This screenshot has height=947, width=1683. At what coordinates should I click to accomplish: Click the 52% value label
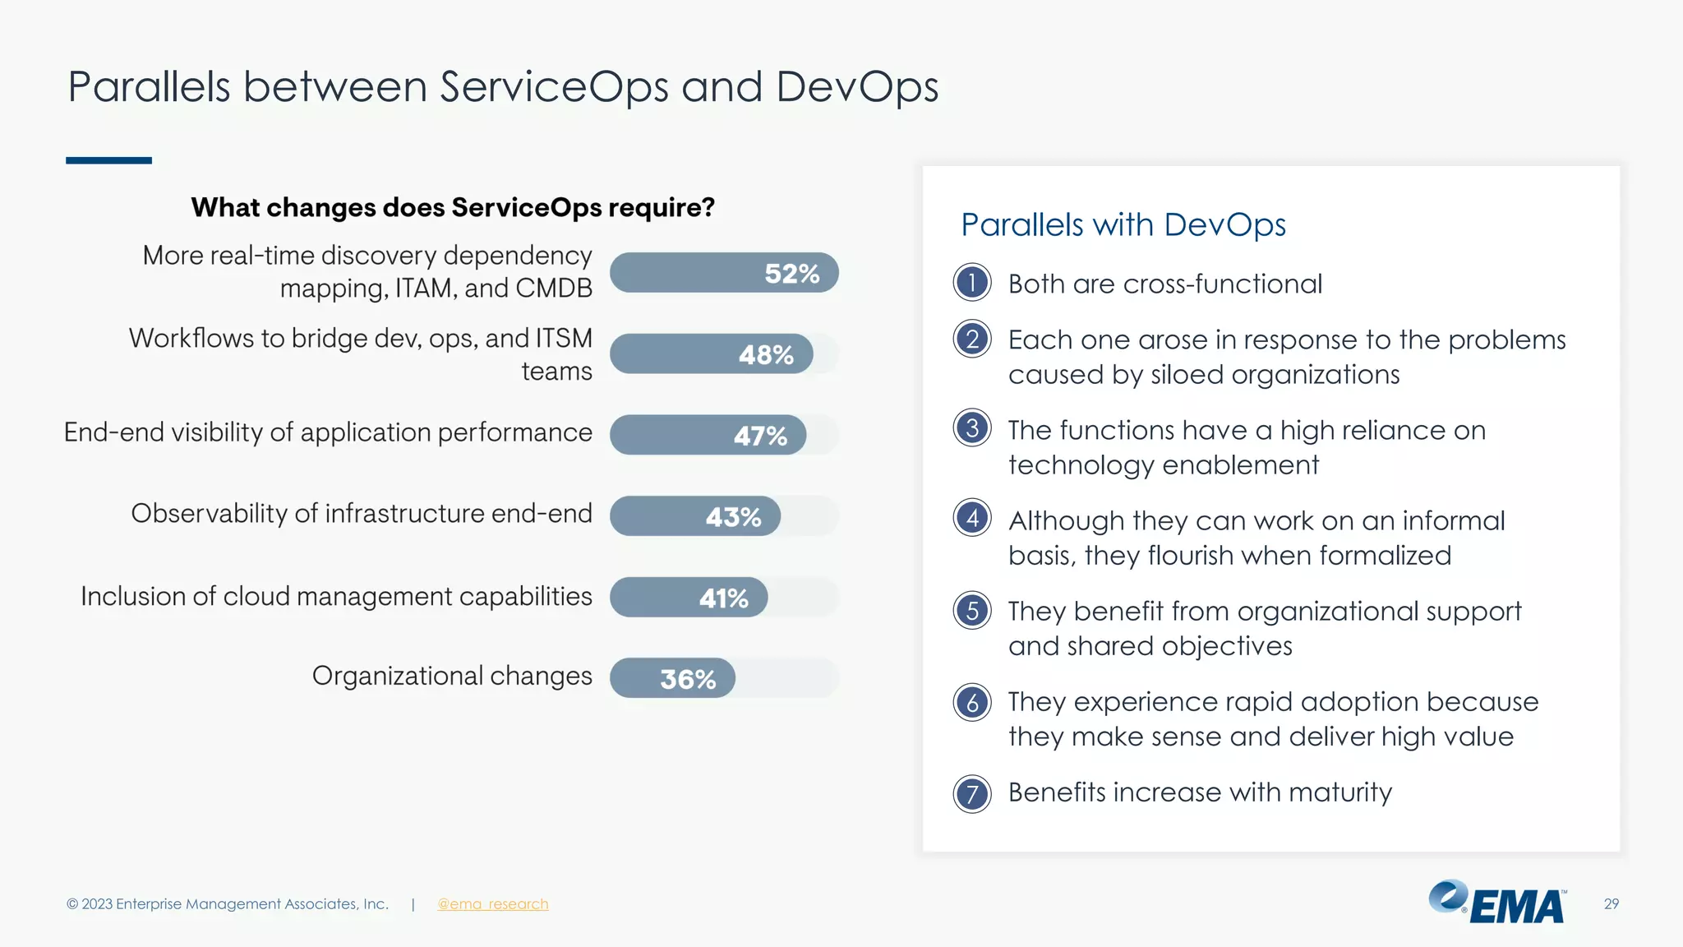791,274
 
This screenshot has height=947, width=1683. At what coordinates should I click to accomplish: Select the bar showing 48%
711,354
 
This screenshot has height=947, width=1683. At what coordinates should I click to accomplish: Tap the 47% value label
760,436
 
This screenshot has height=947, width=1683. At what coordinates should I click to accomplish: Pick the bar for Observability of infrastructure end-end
694,516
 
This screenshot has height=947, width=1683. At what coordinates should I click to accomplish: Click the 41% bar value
723,598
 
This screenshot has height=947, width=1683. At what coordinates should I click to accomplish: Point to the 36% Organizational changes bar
672,678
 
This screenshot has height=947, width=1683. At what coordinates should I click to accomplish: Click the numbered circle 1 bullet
972,283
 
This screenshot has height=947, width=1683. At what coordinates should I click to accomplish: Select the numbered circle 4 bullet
972,518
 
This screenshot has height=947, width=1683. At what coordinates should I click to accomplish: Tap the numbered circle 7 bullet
972,794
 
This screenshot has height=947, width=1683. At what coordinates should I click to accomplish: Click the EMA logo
1497,903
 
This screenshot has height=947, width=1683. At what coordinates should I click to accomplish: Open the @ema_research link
492,904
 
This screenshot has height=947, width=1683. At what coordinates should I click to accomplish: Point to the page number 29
1611,904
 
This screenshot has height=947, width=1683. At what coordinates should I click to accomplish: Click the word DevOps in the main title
856,87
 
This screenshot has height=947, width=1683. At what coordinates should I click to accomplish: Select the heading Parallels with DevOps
1123,224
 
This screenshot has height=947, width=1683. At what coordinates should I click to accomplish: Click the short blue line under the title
108,160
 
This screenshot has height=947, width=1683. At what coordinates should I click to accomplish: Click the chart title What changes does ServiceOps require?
453,207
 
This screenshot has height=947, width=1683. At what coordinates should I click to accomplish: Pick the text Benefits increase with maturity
1200,792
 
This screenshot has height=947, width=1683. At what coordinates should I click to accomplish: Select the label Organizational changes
452,676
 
